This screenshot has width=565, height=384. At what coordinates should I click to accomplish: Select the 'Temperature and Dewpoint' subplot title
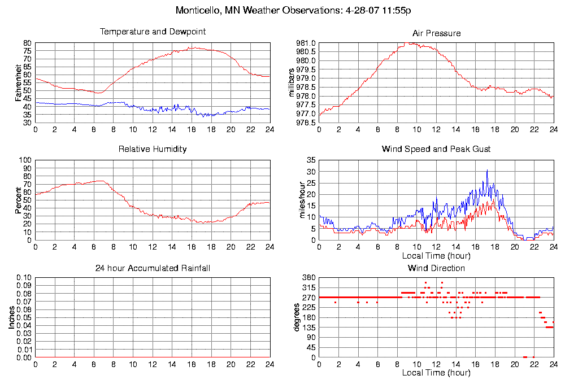click(x=153, y=32)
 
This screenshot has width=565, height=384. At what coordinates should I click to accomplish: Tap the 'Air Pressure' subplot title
click(x=436, y=33)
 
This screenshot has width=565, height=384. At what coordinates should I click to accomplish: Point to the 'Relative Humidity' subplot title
click(x=153, y=149)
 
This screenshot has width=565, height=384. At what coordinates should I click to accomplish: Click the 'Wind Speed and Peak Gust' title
click(x=436, y=149)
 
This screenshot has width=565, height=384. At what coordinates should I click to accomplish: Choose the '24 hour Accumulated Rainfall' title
click(x=153, y=268)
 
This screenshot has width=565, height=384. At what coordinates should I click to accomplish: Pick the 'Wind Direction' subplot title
click(x=436, y=268)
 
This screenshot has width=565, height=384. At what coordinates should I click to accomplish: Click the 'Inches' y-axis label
click(x=11, y=318)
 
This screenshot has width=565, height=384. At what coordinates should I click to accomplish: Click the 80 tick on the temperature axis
click(x=27, y=43)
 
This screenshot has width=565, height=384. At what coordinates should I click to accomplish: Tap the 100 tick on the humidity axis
click(x=25, y=160)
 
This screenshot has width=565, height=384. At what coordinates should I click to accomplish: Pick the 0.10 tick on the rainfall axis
click(x=23, y=278)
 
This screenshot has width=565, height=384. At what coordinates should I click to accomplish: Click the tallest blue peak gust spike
click(x=487, y=170)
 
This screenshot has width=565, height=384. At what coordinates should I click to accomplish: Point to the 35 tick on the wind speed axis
click(x=311, y=160)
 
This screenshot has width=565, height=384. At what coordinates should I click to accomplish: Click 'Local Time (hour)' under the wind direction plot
click(x=436, y=373)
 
